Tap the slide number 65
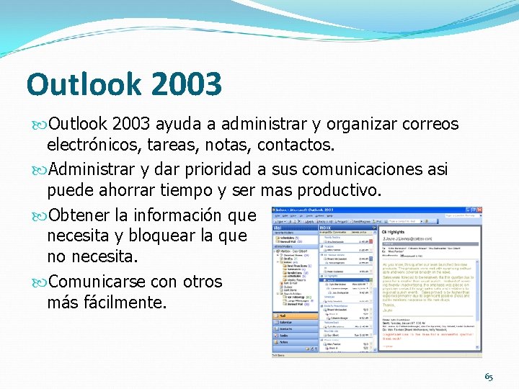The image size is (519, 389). [x=489, y=377]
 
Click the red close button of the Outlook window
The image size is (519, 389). [x=479, y=210]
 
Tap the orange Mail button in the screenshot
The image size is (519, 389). [x=294, y=316]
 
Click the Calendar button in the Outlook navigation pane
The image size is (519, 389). [x=294, y=322]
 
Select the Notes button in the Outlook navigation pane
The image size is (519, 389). [x=294, y=341]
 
